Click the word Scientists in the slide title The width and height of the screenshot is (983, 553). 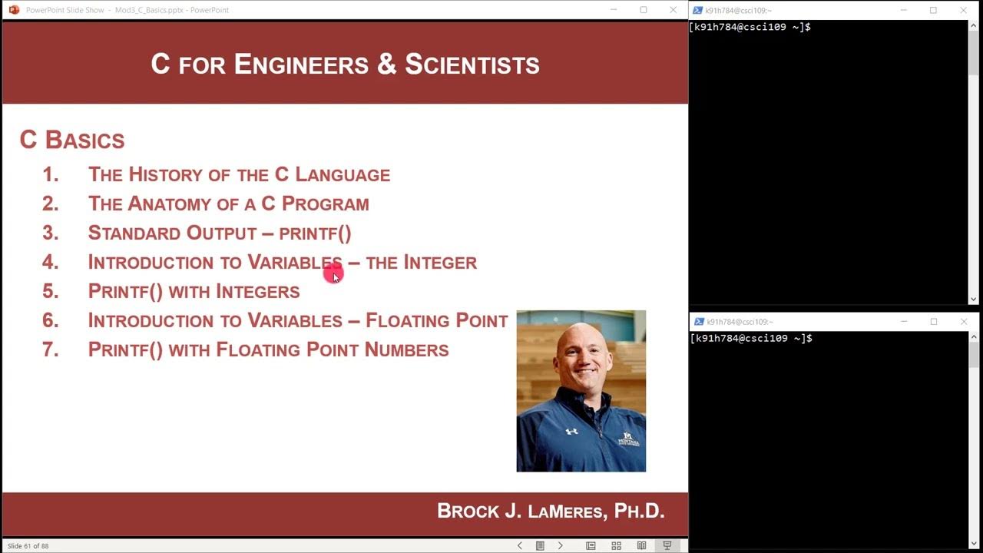tap(472, 65)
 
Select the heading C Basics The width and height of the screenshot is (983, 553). tap(72, 140)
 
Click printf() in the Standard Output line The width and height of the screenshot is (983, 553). tap(314, 233)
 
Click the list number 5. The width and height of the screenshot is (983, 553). tap(51, 291)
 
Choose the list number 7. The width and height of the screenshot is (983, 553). tap(51, 349)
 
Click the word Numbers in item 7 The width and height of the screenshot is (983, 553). tap(406, 349)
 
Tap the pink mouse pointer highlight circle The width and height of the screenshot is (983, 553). tap(333, 273)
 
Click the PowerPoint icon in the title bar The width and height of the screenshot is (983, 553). tap(14, 10)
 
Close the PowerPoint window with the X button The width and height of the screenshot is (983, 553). tap(673, 10)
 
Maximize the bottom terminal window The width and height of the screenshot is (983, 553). tap(934, 322)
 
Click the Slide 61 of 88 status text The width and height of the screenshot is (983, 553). tap(28, 546)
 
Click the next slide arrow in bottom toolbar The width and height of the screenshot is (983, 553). tap(560, 546)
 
